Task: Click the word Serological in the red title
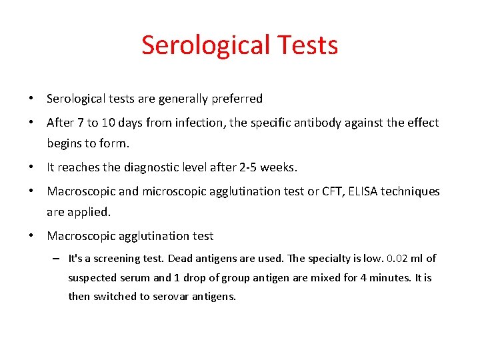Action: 204,45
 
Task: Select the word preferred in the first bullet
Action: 237,99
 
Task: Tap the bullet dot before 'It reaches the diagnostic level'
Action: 31,167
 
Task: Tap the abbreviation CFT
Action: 328,191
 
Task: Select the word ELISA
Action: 363,191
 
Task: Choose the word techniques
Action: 411,191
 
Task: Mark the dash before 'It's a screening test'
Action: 57,259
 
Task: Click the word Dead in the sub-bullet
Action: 181,259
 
